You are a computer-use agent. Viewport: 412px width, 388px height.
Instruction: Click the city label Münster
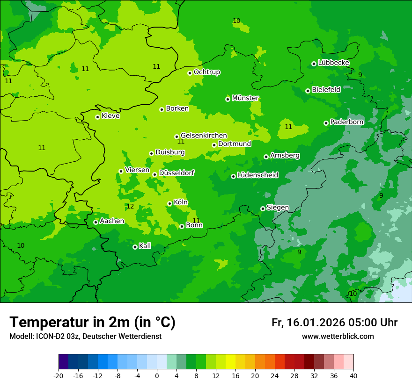click(245, 98)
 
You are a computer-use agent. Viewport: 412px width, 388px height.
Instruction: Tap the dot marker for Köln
click(169, 203)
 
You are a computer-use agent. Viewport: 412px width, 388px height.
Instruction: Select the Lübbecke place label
click(333, 63)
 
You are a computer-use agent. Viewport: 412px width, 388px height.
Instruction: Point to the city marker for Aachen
click(96, 222)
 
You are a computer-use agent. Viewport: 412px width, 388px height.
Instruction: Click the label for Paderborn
click(346, 122)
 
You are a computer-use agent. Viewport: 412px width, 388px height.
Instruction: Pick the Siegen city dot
click(263, 208)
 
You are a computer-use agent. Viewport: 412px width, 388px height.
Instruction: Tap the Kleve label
click(110, 116)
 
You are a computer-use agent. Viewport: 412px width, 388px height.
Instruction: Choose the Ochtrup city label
click(207, 72)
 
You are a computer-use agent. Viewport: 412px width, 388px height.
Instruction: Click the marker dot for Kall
click(135, 247)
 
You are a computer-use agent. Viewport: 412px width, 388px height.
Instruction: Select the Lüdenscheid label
click(257, 175)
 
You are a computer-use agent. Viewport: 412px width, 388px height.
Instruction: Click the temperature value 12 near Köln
click(130, 206)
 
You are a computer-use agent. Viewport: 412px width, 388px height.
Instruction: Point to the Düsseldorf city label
click(177, 173)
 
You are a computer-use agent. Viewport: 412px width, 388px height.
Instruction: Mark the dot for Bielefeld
click(308, 91)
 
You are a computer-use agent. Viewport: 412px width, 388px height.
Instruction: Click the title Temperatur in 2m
click(92, 322)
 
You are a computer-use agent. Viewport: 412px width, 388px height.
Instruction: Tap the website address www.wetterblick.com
click(338, 336)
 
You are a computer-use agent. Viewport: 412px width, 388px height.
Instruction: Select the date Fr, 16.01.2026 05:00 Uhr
click(334, 323)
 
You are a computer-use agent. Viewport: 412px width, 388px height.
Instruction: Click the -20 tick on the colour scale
click(59, 375)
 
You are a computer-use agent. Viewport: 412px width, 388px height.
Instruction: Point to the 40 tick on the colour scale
click(353, 375)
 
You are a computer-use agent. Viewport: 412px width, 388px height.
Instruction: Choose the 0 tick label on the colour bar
click(157, 375)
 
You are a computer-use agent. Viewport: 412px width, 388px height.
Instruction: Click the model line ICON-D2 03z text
click(85, 336)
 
